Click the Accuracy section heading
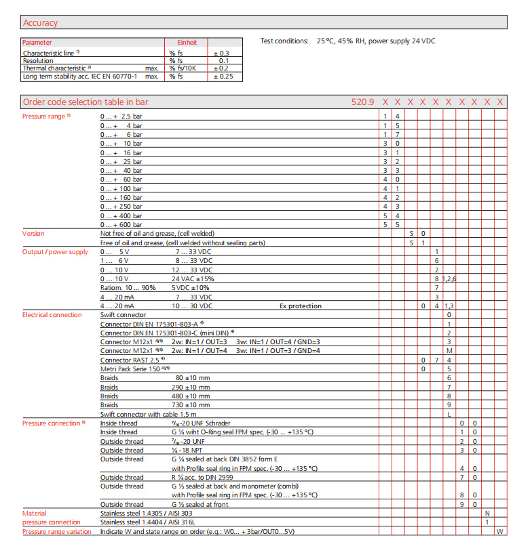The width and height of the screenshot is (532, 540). tap(40, 22)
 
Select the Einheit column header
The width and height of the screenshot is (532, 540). tap(187, 42)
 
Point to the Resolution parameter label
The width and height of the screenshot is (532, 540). tap(38, 60)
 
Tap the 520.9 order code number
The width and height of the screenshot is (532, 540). tap(362, 102)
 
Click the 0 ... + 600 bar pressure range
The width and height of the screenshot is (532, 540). tap(121, 224)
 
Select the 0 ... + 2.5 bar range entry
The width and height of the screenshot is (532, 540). tap(121, 117)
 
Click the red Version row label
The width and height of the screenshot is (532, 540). tap(33, 234)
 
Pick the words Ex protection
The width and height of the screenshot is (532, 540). tap(301, 306)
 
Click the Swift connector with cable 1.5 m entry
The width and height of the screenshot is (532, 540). tap(149, 414)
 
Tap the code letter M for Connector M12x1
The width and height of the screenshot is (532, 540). tap(449, 351)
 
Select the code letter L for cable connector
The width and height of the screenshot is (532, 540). tap(449, 414)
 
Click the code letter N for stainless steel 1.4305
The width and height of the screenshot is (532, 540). tap(487, 514)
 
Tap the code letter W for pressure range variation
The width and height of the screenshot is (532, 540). tap(500, 532)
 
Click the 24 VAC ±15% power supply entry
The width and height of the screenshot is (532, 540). tap(192, 279)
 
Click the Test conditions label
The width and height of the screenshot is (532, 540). tap(284, 41)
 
